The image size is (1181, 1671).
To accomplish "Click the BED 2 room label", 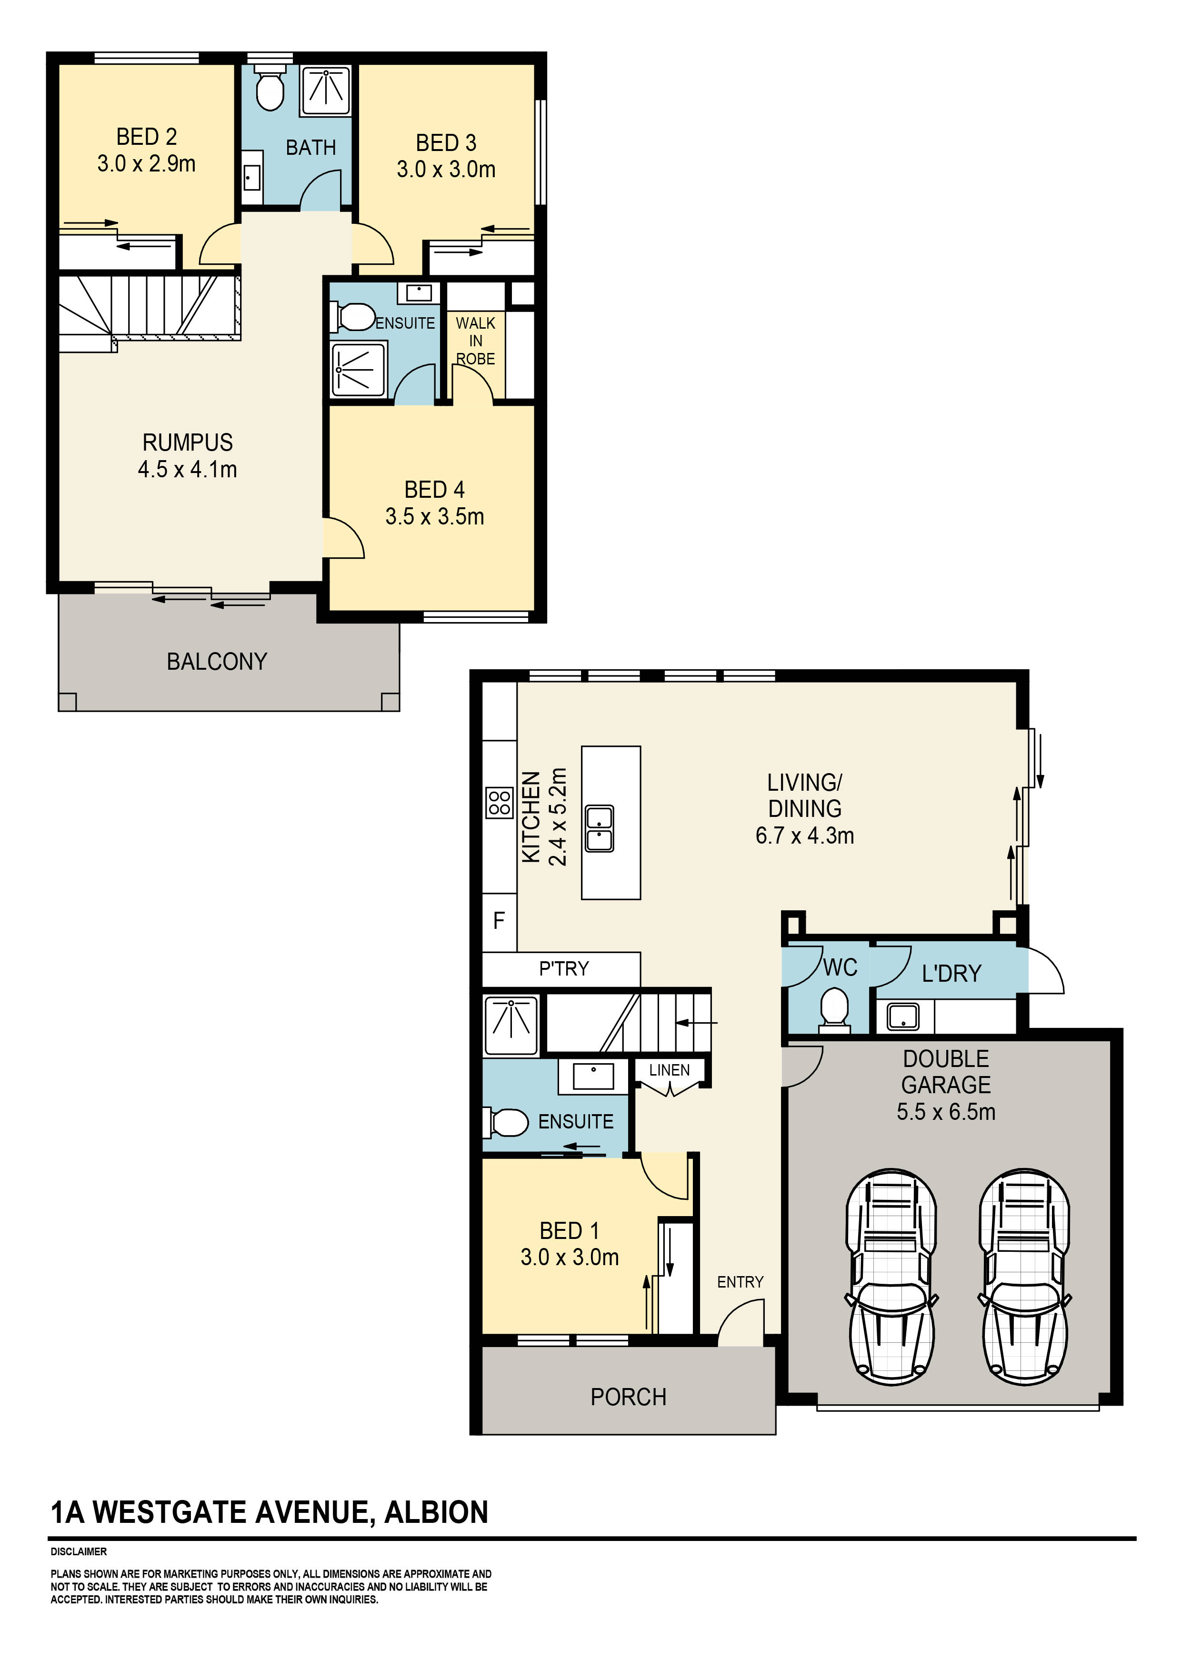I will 146,137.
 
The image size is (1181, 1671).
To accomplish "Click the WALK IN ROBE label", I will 475,341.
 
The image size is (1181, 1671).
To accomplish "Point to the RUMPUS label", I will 187,443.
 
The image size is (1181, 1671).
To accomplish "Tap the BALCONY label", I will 217,662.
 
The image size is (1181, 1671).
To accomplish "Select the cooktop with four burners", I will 499,804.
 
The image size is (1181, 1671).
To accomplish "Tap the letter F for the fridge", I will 499,921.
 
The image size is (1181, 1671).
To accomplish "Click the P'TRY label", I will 563,969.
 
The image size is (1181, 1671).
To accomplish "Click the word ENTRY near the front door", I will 740,1282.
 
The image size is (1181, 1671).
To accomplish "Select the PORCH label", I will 628,1397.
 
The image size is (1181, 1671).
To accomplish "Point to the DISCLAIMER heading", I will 79,1551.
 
